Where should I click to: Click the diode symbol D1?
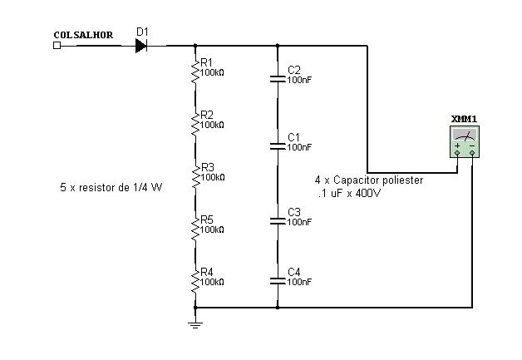[x=141, y=45]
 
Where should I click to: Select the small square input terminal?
[x=57, y=45]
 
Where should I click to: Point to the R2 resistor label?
[x=207, y=115]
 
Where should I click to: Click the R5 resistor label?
[x=207, y=219]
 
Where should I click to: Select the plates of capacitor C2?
[x=277, y=79]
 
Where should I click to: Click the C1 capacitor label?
[x=293, y=136]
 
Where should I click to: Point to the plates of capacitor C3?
[x=277, y=221]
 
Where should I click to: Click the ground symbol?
[x=195, y=323]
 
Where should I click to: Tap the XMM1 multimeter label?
[x=463, y=119]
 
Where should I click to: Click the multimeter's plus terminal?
[x=457, y=153]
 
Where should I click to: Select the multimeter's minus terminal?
[x=471, y=153]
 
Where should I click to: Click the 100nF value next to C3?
[x=299, y=222]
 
